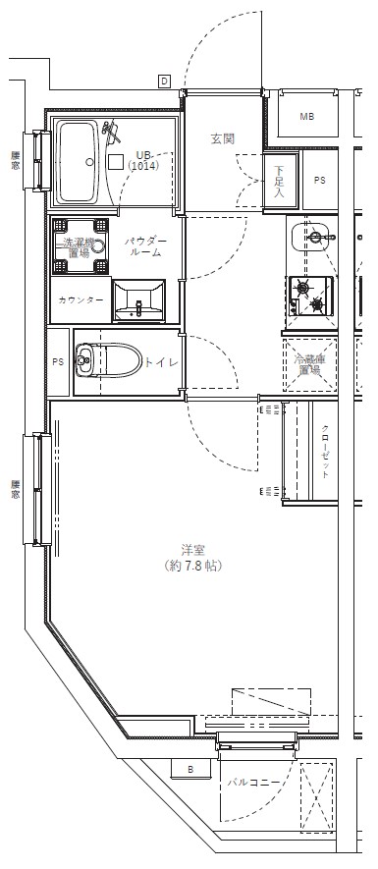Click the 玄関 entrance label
(x=222, y=138)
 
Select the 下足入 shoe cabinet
(x=279, y=181)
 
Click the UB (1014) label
(x=144, y=161)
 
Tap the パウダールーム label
(x=145, y=246)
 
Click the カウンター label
(x=81, y=299)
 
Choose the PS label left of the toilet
(x=57, y=361)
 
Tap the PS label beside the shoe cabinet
(x=320, y=181)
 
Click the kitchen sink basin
(x=313, y=239)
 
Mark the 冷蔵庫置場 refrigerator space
(x=309, y=365)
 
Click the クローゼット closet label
(x=325, y=452)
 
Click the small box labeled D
(x=164, y=81)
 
